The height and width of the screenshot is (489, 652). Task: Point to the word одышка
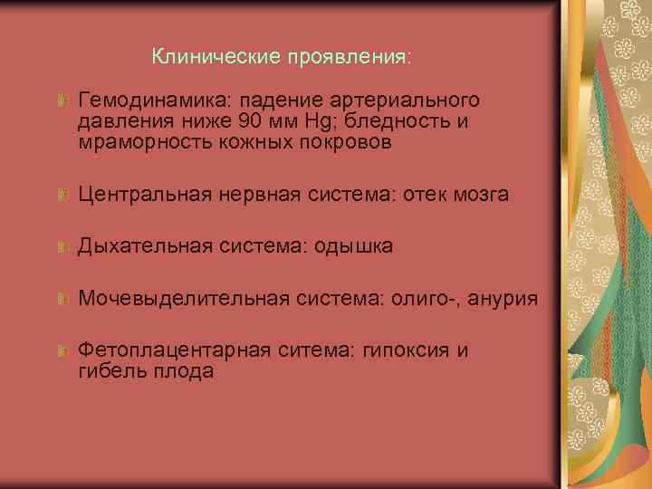pos(353,245)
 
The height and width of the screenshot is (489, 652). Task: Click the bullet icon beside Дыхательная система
pos(62,246)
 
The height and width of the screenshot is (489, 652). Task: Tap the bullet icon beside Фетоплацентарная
pos(62,350)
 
